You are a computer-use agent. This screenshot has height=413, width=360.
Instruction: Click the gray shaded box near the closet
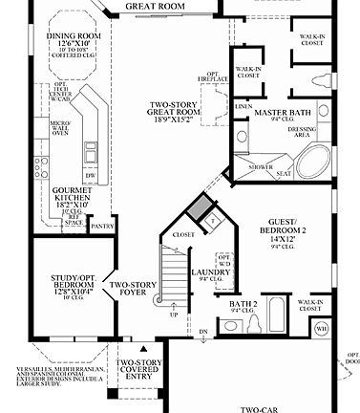pyautogui.click(x=198, y=207)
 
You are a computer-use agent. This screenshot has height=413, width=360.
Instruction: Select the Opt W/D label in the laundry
pyautogui.click(x=223, y=259)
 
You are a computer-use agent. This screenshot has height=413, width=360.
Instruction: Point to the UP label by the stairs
pyautogui.click(x=173, y=314)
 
